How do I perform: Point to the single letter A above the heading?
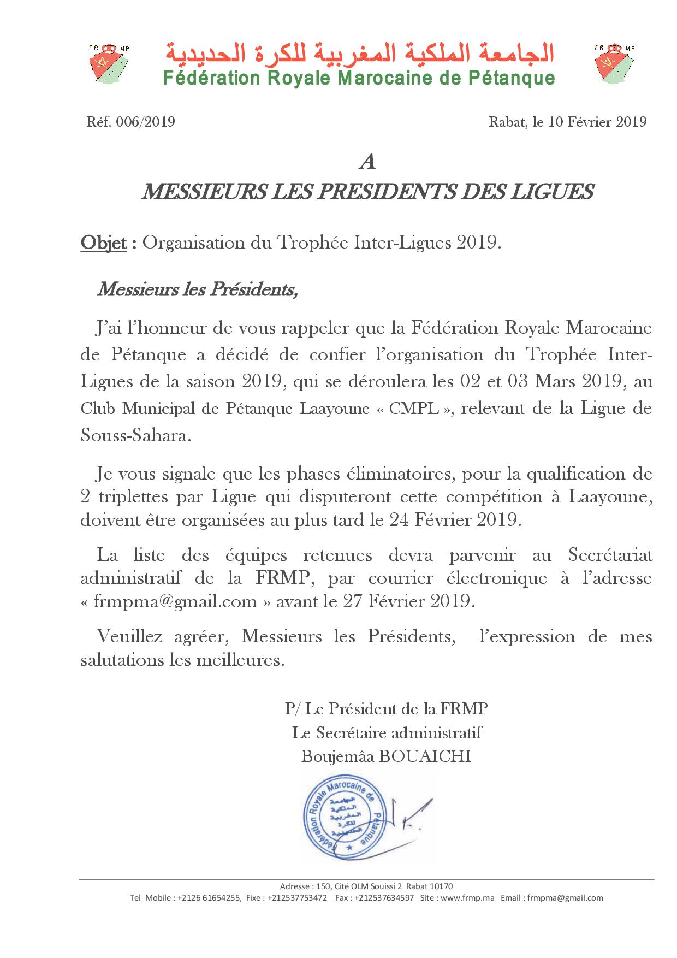(x=367, y=163)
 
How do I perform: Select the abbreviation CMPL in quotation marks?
(x=421, y=409)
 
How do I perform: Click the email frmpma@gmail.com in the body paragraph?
(x=175, y=601)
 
